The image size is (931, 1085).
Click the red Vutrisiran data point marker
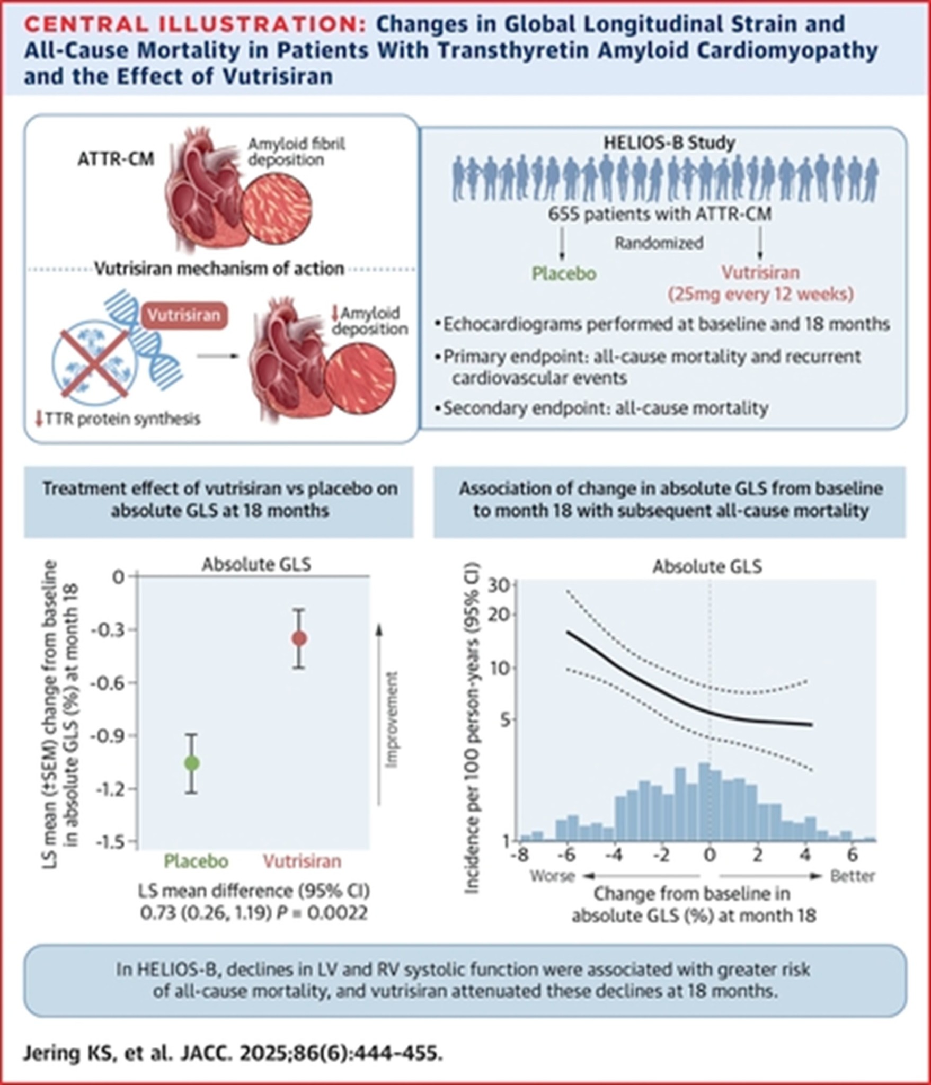[x=299, y=638]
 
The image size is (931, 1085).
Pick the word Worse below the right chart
[x=553, y=876]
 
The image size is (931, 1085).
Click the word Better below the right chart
[x=853, y=876]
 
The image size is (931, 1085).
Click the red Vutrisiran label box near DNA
[x=183, y=315]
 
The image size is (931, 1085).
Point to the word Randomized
[x=659, y=243]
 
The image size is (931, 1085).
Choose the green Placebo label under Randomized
[x=564, y=274]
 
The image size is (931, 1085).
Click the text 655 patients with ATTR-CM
[x=660, y=214]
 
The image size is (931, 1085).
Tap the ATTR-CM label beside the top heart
[x=116, y=159]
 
